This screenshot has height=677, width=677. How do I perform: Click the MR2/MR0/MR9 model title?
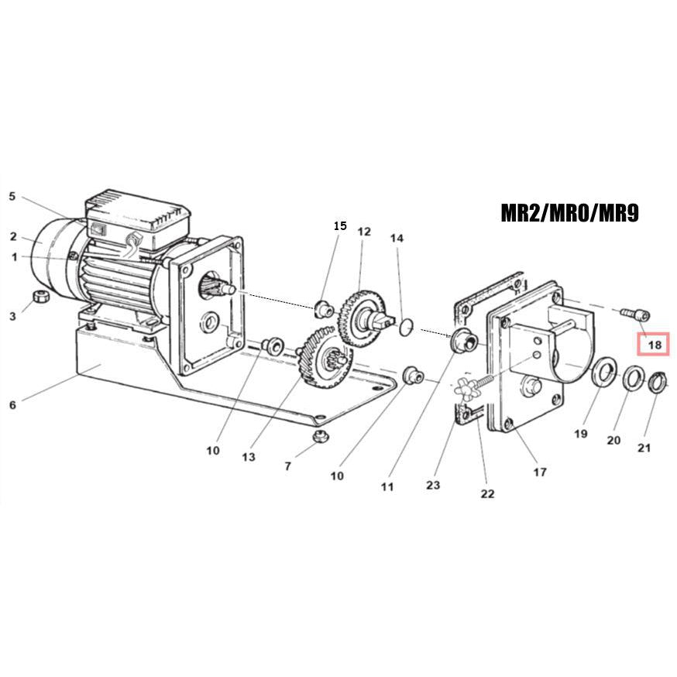pyautogui.click(x=569, y=213)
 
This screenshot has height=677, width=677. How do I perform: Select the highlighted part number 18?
pyautogui.click(x=655, y=345)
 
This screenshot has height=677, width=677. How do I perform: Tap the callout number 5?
pyautogui.click(x=12, y=197)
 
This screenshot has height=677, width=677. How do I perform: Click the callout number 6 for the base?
pyautogui.click(x=12, y=404)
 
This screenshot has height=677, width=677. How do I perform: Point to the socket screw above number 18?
pyautogui.click(x=637, y=314)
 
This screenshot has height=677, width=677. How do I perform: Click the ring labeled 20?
pyautogui.click(x=633, y=378)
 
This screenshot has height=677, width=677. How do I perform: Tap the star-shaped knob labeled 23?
pyautogui.click(x=466, y=391)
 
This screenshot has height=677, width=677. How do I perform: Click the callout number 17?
pyautogui.click(x=540, y=471)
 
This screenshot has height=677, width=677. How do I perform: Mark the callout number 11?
pyautogui.click(x=387, y=486)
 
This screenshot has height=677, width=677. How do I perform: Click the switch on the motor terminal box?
pyautogui.click(x=98, y=229)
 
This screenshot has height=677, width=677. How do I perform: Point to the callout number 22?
pyautogui.click(x=487, y=493)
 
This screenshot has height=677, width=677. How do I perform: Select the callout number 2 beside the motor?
pyautogui.click(x=13, y=236)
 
